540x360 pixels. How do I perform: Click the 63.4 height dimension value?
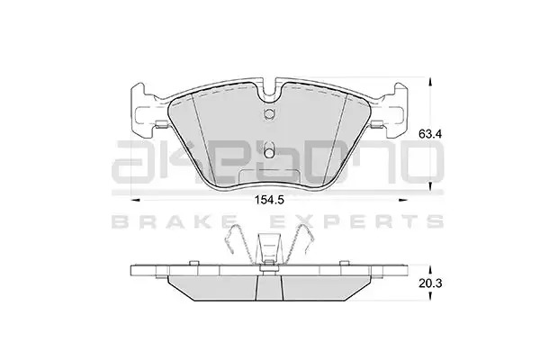(430, 134)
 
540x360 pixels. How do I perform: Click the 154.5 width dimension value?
(269, 200)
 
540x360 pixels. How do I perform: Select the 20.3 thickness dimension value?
(430, 283)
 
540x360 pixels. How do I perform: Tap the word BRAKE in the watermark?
(175, 221)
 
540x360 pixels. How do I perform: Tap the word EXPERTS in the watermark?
(356, 221)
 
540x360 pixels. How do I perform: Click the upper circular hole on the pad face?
(268, 112)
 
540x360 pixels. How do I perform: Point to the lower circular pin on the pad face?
(268, 152)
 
